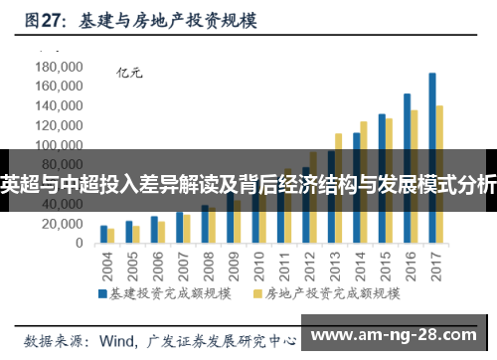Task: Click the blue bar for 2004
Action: point(103,234)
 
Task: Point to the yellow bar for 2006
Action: point(162,232)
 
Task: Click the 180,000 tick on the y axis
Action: point(61,67)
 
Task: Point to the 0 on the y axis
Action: point(79,244)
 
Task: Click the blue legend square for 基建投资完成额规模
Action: point(101,294)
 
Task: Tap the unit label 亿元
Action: point(130,72)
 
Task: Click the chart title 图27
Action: point(46,19)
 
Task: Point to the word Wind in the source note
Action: point(118,339)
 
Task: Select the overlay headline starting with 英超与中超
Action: point(248,183)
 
